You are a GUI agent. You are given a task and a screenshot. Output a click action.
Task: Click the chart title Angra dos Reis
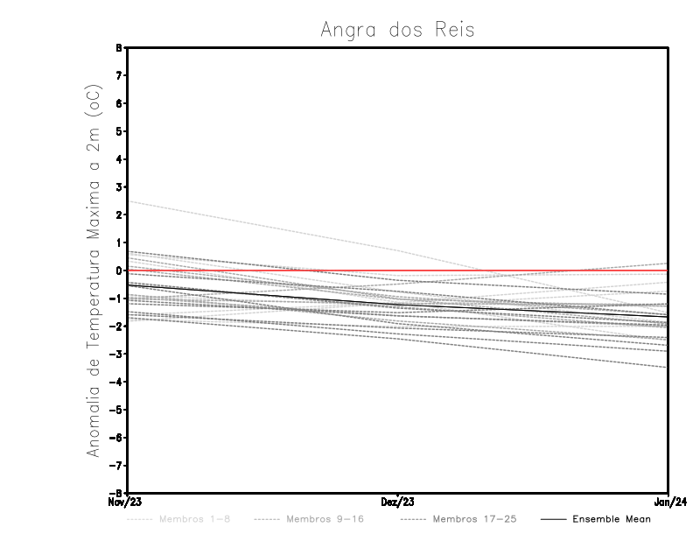coord(397,30)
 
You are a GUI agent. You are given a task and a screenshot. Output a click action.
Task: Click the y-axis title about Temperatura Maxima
coord(94,270)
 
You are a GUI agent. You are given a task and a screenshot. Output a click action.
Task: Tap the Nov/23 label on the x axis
coord(125,502)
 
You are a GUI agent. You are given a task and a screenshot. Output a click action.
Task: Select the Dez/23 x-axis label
coord(397,502)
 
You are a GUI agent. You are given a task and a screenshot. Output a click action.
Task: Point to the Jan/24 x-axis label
coord(668,502)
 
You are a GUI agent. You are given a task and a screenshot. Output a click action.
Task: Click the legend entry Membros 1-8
coord(194,519)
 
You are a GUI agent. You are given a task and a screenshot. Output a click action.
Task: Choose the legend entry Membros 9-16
coord(324,519)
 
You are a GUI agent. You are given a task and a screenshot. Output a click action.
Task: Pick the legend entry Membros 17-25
coord(473,519)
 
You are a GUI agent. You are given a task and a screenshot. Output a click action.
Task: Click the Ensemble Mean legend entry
coord(611,519)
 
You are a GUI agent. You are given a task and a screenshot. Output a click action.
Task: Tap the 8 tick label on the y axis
coord(118,47)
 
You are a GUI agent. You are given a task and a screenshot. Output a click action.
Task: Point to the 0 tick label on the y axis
coord(118,270)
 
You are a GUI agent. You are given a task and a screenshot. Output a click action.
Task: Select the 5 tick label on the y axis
coord(118,131)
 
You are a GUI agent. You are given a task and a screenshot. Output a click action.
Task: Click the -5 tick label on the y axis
coord(116,410)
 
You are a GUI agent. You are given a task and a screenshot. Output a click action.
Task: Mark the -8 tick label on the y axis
coord(116,493)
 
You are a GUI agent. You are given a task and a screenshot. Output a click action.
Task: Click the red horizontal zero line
coord(525,270)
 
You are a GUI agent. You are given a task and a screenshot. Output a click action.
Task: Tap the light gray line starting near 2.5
coord(262,226)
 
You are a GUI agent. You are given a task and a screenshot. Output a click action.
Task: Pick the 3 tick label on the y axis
coord(118,187)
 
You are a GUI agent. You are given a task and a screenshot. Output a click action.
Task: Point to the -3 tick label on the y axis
coord(116,354)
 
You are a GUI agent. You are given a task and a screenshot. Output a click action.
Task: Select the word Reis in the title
coord(453,30)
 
